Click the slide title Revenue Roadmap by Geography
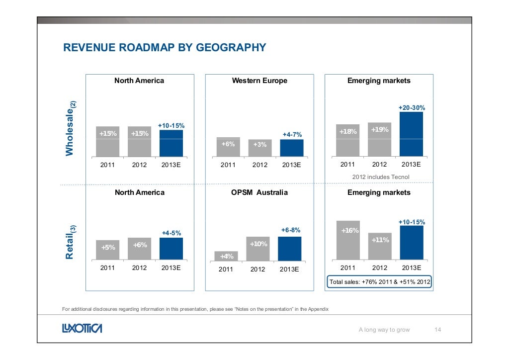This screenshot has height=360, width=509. point(164,48)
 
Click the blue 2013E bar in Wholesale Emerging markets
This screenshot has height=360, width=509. point(411,134)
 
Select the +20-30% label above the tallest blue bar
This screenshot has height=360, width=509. point(412,108)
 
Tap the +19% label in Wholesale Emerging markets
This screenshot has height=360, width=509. point(380,130)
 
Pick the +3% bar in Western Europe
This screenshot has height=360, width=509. point(259,148)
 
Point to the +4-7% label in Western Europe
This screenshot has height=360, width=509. point(292,135)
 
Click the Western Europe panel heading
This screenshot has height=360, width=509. point(259,81)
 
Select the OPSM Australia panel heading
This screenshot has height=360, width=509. point(259,192)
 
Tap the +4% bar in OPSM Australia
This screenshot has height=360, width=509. point(227,256)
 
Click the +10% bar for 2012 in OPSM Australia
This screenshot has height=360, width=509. point(258,249)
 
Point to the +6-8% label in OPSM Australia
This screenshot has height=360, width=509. point(290,230)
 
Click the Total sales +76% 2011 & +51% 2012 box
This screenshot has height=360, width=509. point(380,282)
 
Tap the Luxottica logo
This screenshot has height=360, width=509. point(82,329)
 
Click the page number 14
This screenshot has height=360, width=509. point(438,329)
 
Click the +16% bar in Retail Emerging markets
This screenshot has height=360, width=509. point(348,240)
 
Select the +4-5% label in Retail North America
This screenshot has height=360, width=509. point(171,233)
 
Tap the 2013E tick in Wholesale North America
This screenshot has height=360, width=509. point(171,165)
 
